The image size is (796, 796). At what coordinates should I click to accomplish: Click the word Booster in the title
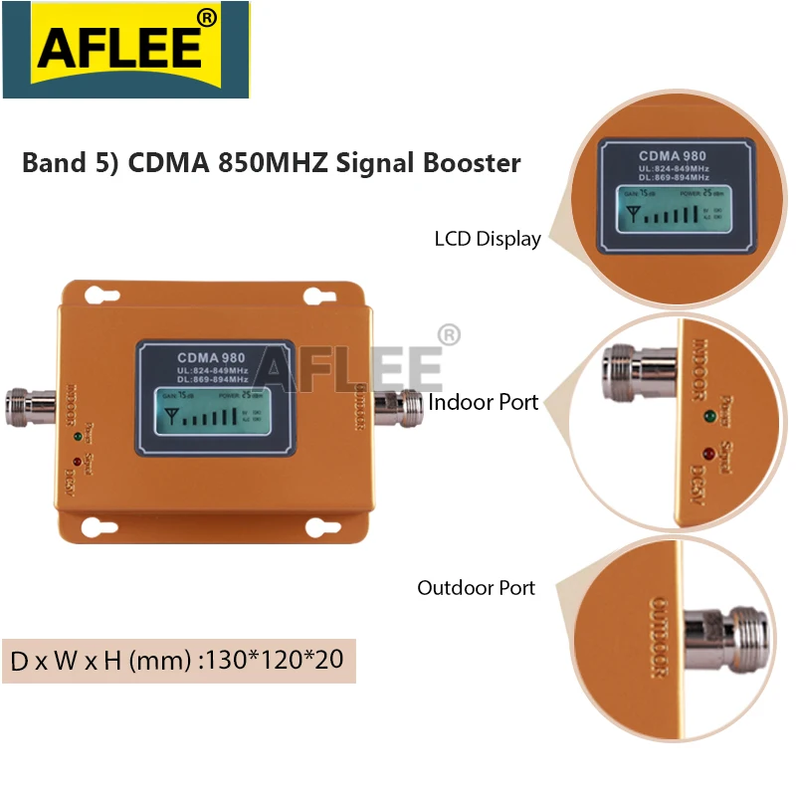click(x=475, y=162)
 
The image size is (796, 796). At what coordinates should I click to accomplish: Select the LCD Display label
click(x=488, y=239)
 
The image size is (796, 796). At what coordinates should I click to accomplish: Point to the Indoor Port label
click(x=484, y=402)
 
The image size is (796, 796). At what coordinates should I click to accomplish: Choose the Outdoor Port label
click(x=477, y=587)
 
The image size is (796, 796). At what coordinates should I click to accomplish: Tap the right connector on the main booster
click(x=399, y=404)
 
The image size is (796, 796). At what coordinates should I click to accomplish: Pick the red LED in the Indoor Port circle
click(x=709, y=455)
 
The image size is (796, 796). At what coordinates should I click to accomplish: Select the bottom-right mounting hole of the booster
click(x=319, y=525)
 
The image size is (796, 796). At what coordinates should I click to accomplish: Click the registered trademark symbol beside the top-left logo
click(x=207, y=18)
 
